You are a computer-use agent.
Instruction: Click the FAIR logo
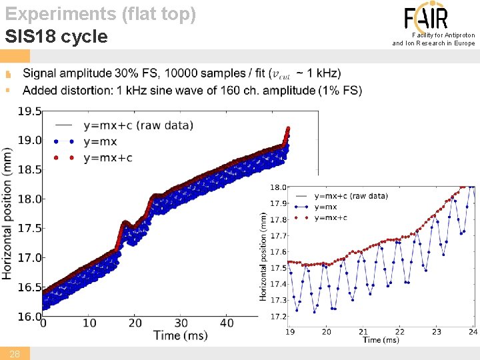[x=426, y=17]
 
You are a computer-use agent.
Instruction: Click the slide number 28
[x=15, y=354]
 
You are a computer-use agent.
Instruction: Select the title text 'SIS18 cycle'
[x=56, y=36]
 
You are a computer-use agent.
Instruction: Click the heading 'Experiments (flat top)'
[x=101, y=13]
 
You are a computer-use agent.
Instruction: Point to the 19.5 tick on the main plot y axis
[x=29, y=111]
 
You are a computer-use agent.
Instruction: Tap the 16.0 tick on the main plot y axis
[x=29, y=317]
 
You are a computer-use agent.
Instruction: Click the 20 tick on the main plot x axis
[x=135, y=323]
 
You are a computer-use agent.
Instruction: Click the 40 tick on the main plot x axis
[x=227, y=323]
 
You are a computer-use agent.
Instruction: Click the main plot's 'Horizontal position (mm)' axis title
[x=7, y=213]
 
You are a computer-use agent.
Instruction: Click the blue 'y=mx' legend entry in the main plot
[x=100, y=141]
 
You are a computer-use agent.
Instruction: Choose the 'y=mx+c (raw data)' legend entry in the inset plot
[x=351, y=196]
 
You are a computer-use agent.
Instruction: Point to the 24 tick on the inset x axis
[x=473, y=331]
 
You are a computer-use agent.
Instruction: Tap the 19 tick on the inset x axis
[x=291, y=331]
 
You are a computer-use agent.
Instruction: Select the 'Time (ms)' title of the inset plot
[x=381, y=340]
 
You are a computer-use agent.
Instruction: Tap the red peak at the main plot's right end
[x=287, y=129]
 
